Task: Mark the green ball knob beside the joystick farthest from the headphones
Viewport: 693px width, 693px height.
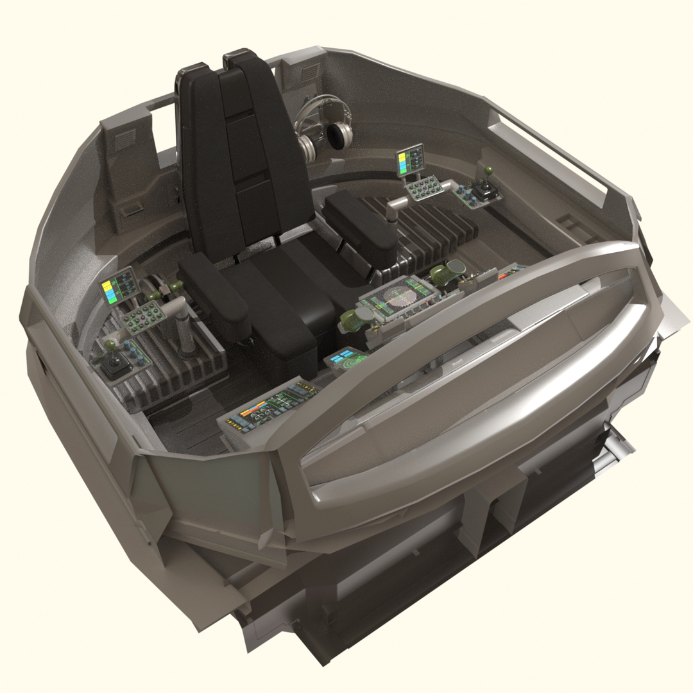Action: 110,345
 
